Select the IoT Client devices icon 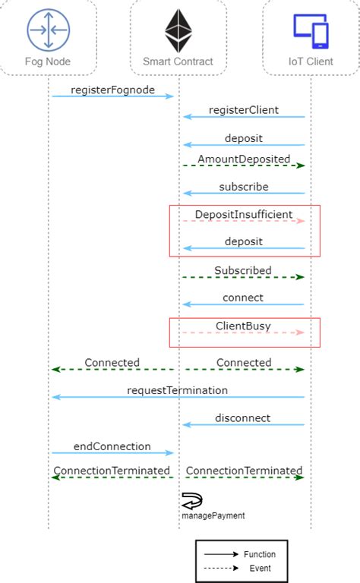[x=311, y=30]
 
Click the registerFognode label [x=112, y=90]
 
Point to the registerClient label [x=244, y=110]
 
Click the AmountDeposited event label [x=244, y=159]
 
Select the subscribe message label [x=244, y=187]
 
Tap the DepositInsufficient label [x=244, y=215]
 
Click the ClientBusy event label [x=244, y=326]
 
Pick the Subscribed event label [x=243, y=270]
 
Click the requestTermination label [x=178, y=390]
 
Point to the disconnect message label [x=244, y=418]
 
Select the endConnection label [x=112, y=446]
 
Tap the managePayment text [x=213, y=515]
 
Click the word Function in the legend [x=260, y=554]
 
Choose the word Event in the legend [x=260, y=568]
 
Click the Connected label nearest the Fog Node [x=112, y=363]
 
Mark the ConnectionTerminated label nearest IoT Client [x=244, y=471]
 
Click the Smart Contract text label [x=178, y=61]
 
